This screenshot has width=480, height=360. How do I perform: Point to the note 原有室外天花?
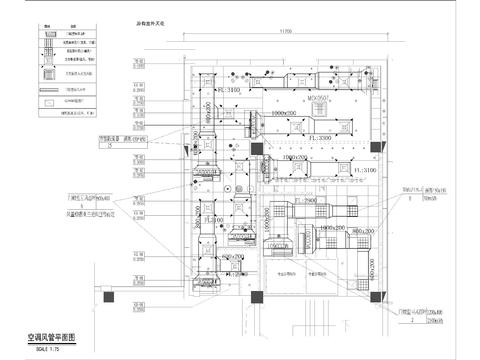[158, 20]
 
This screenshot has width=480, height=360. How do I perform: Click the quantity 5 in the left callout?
[107, 145]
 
